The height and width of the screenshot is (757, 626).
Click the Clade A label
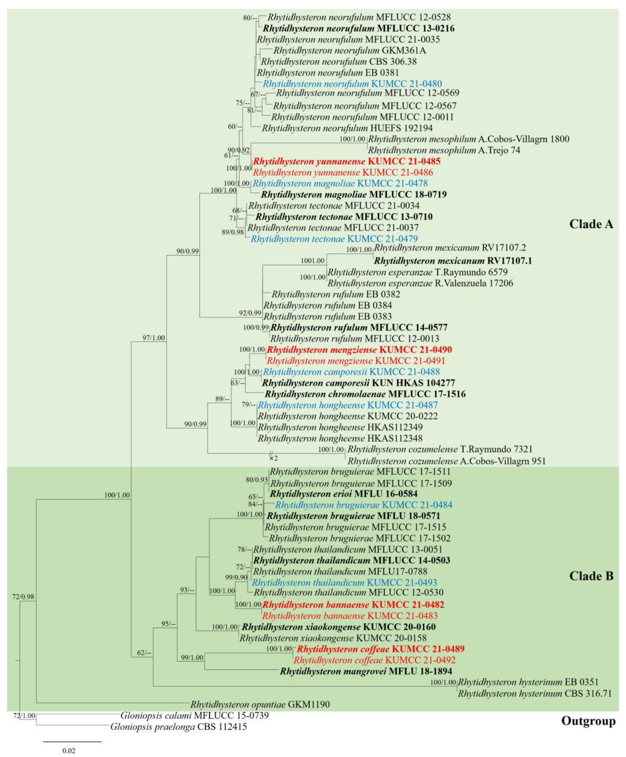(x=591, y=224)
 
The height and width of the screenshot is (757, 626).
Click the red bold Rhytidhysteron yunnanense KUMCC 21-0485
(x=347, y=161)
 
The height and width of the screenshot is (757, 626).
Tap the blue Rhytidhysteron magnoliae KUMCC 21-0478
(x=340, y=183)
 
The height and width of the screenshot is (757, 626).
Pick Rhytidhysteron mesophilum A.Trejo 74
(x=444, y=150)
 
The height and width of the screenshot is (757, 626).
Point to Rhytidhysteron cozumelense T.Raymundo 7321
(x=440, y=449)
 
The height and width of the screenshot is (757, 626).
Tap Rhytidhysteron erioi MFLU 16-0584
(x=344, y=494)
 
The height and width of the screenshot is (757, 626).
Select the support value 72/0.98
(x=23, y=596)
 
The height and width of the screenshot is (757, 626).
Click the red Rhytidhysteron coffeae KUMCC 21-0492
(x=374, y=660)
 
